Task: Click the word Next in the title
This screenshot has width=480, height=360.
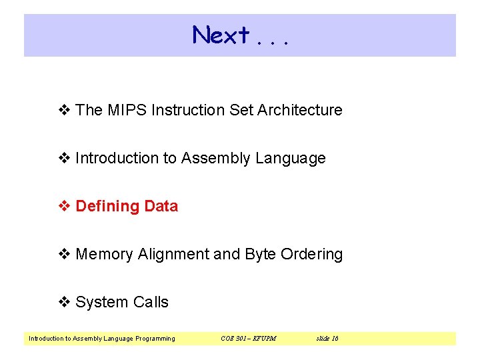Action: coord(221,35)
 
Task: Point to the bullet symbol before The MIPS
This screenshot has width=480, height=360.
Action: coord(65,110)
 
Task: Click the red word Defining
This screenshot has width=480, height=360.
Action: coord(107,206)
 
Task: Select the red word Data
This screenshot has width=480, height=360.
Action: coord(161,206)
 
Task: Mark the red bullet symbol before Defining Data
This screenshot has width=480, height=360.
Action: coord(65,206)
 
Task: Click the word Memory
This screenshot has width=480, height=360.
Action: coord(105,254)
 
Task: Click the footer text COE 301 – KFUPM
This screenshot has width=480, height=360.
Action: coord(248,339)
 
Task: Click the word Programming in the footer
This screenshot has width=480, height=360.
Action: coord(155,339)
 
